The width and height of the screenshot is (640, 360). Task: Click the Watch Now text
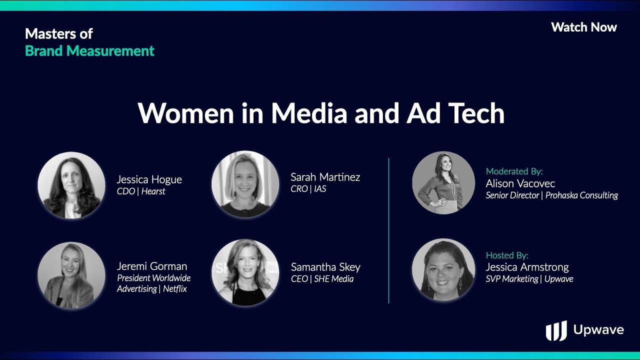584,27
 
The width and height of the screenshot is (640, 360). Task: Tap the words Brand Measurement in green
89,51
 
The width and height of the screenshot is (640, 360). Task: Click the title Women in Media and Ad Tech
321,113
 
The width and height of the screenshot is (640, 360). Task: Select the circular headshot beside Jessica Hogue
71,185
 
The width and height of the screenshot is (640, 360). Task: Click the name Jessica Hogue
149,179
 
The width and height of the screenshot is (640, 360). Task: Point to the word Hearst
153,191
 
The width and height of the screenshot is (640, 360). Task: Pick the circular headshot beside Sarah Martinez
245,184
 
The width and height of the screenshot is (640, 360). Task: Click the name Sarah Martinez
325,177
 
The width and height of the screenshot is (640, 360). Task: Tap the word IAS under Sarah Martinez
320,189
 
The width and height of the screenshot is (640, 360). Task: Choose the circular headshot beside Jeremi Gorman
71,275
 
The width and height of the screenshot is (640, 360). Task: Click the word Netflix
175,289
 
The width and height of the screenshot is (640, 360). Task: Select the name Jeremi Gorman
152,266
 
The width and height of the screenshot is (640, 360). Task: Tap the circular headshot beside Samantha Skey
245,272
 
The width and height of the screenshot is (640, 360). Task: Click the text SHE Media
333,279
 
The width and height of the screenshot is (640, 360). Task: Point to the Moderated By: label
514,171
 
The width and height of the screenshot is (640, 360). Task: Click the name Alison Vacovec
520,183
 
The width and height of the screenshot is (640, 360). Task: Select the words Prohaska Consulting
581,195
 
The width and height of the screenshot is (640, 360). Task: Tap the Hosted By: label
507,255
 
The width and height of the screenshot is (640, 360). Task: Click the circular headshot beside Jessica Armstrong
443,269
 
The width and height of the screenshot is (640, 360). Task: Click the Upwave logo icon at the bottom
556,331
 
